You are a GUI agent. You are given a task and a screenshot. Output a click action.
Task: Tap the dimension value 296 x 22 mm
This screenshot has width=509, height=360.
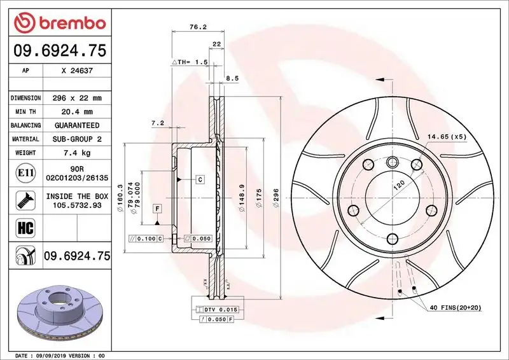point(76,98)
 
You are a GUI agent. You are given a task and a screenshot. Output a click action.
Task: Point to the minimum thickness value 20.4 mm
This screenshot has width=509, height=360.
point(76,112)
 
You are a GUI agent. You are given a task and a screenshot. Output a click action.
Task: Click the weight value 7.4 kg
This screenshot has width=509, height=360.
point(76,153)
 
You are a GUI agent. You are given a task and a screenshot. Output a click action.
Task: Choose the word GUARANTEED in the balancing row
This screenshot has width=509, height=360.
point(76,125)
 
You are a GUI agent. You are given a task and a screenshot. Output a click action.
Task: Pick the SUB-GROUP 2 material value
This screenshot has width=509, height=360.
point(76,139)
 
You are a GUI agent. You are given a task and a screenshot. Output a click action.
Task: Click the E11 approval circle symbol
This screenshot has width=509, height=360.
point(24,173)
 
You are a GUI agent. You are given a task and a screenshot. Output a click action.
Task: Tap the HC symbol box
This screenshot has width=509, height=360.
point(24,226)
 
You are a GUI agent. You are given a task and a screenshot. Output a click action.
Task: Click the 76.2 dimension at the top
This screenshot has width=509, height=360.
point(197,27)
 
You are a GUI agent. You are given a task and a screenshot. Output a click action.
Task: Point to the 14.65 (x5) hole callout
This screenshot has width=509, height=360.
point(446,137)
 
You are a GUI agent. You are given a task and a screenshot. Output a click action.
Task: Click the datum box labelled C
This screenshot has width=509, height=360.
point(200,180)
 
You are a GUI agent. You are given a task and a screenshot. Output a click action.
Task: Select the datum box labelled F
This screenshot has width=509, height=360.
point(156,209)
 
